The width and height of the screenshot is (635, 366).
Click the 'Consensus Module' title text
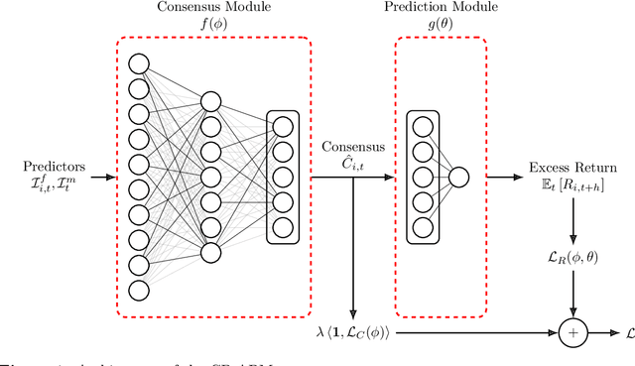pyautogui.click(x=215, y=9)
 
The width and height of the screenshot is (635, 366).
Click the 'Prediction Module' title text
pyautogui.click(x=442, y=9)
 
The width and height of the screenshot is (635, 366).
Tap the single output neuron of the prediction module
pyautogui.click(x=458, y=179)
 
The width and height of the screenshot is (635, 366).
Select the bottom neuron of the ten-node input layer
pyautogui.click(x=138, y=290)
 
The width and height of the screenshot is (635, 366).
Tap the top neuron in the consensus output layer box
pyautogui.click(x=284, y=127)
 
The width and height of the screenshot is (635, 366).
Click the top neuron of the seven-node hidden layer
pyautogui.click(x=209, y=101)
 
